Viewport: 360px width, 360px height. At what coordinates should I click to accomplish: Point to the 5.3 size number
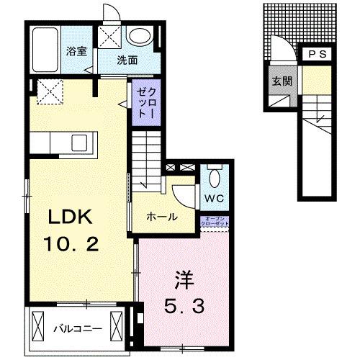click(x=185, y=306)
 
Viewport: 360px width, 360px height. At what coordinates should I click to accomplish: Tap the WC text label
click(x=214, y=197)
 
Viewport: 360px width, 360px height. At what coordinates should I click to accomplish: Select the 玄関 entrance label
click(x=281, y=81)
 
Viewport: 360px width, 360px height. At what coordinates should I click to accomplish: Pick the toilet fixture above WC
click(x=215, y=177)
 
